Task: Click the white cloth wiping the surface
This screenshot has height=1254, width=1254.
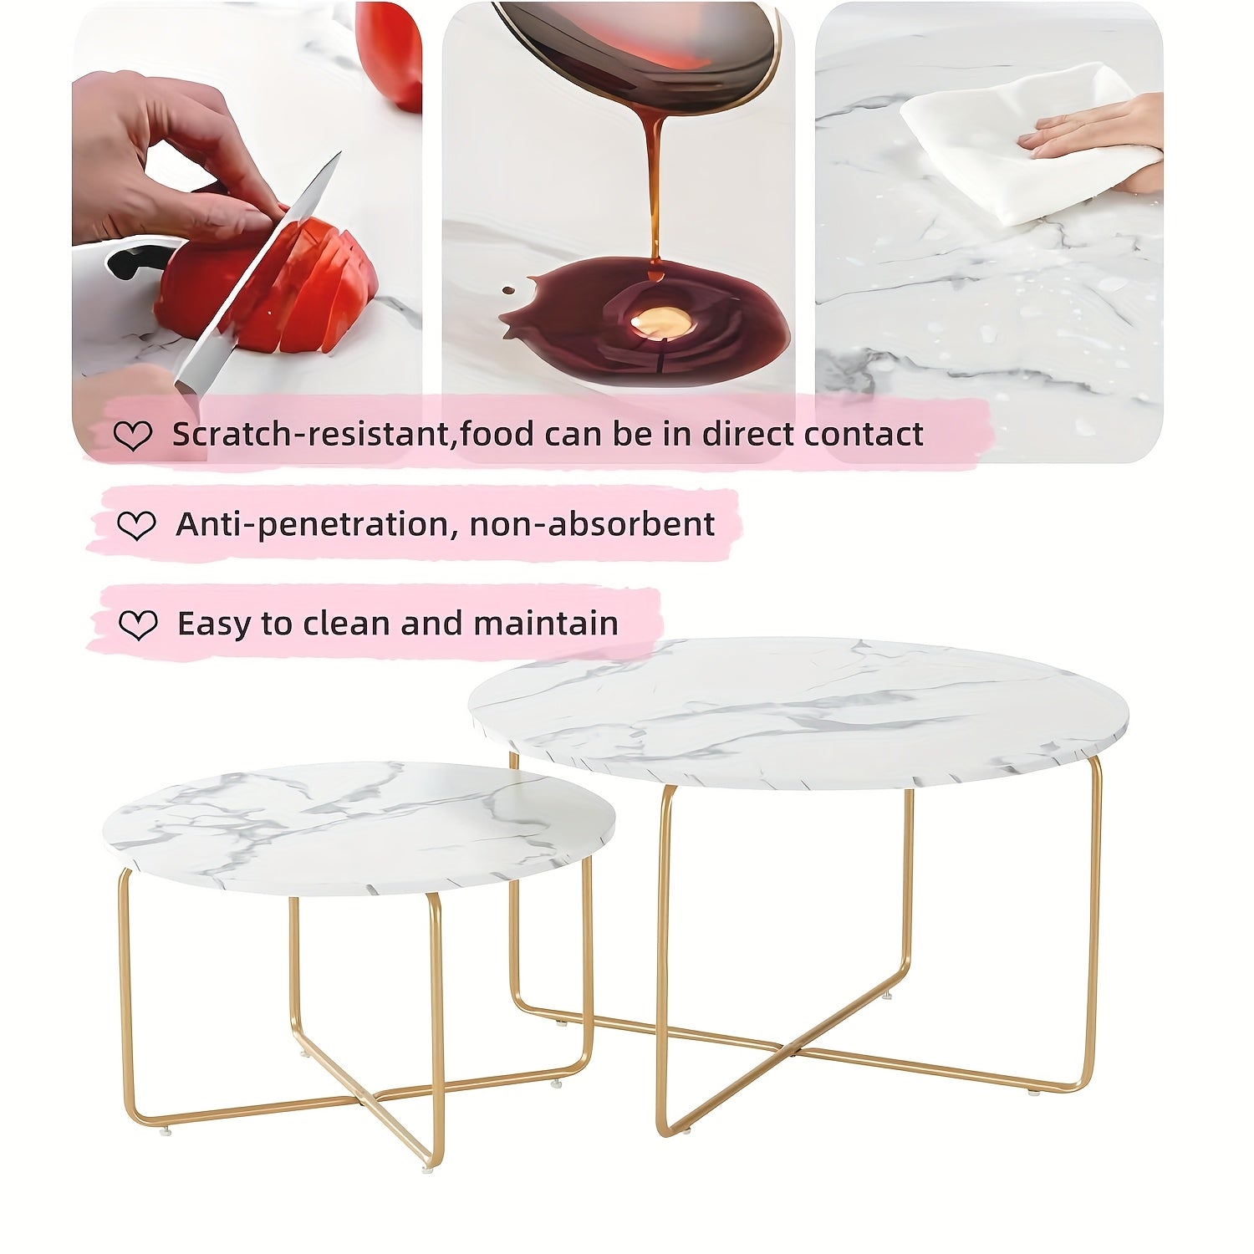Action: [1028, 142]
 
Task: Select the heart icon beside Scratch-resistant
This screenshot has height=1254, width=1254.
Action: [133, 436]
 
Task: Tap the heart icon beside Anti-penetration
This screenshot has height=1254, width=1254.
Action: [136, 526]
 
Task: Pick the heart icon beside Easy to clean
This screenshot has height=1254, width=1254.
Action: [138, 624]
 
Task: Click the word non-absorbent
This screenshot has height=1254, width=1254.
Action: [592, 524]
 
